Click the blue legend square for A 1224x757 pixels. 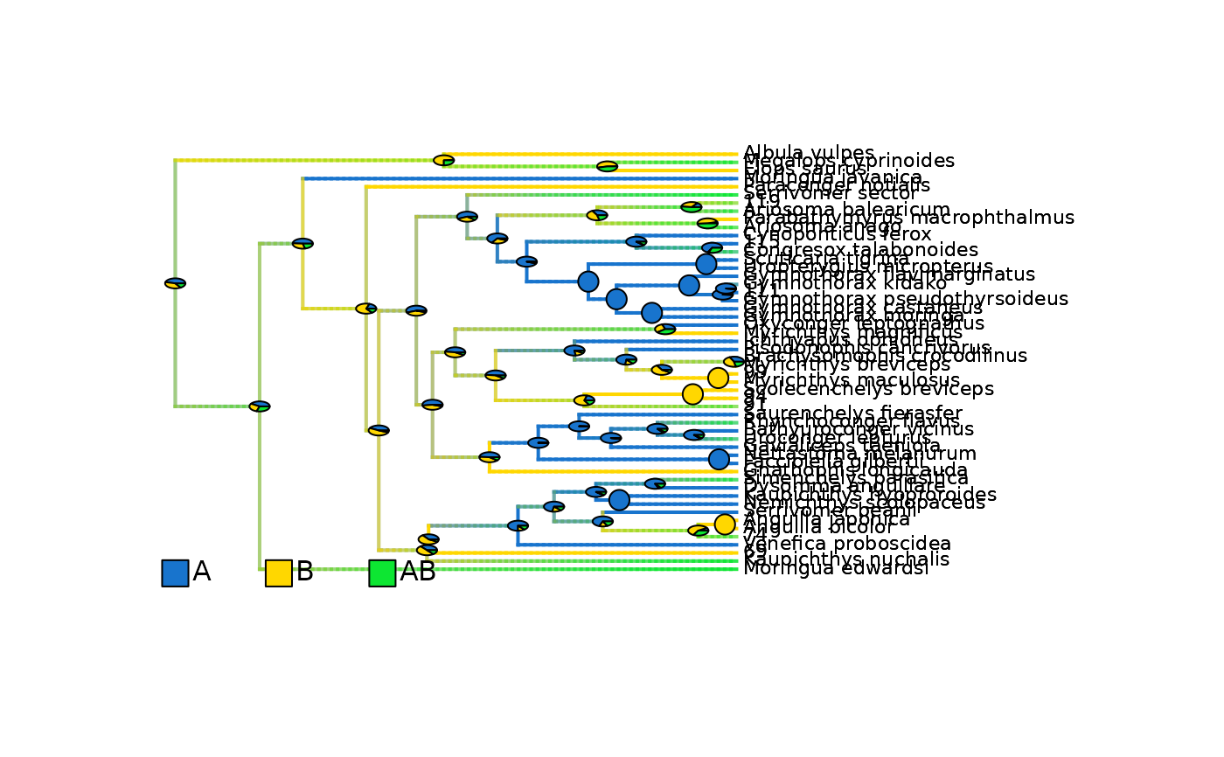click(x=175, y=573)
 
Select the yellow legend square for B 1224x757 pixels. click(x=279, y=573)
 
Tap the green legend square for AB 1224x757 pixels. click(x=382, y=573)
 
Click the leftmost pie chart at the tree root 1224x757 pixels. click(x=175, y=283)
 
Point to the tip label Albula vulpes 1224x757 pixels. click(x=809, y=153)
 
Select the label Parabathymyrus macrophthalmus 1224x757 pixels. click(x=909, y=218)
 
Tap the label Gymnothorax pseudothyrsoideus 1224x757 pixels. click(x=906, y=299)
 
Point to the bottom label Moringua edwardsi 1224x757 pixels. click(x=836, y=569)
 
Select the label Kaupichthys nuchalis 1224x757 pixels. click(x=834, y=559)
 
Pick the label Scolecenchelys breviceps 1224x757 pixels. click(x=869, y=389)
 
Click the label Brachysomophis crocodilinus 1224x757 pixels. click(x=886, y=356)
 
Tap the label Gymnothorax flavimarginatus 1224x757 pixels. click(x=889, y=274)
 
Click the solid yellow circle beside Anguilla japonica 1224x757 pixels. click(x=725, y=524)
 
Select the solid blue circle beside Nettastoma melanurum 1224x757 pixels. click(x=719, y=459)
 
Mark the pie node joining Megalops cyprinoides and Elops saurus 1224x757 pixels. click(x=607, y=166)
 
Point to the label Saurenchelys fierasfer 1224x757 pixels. click(x=852, y=413)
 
